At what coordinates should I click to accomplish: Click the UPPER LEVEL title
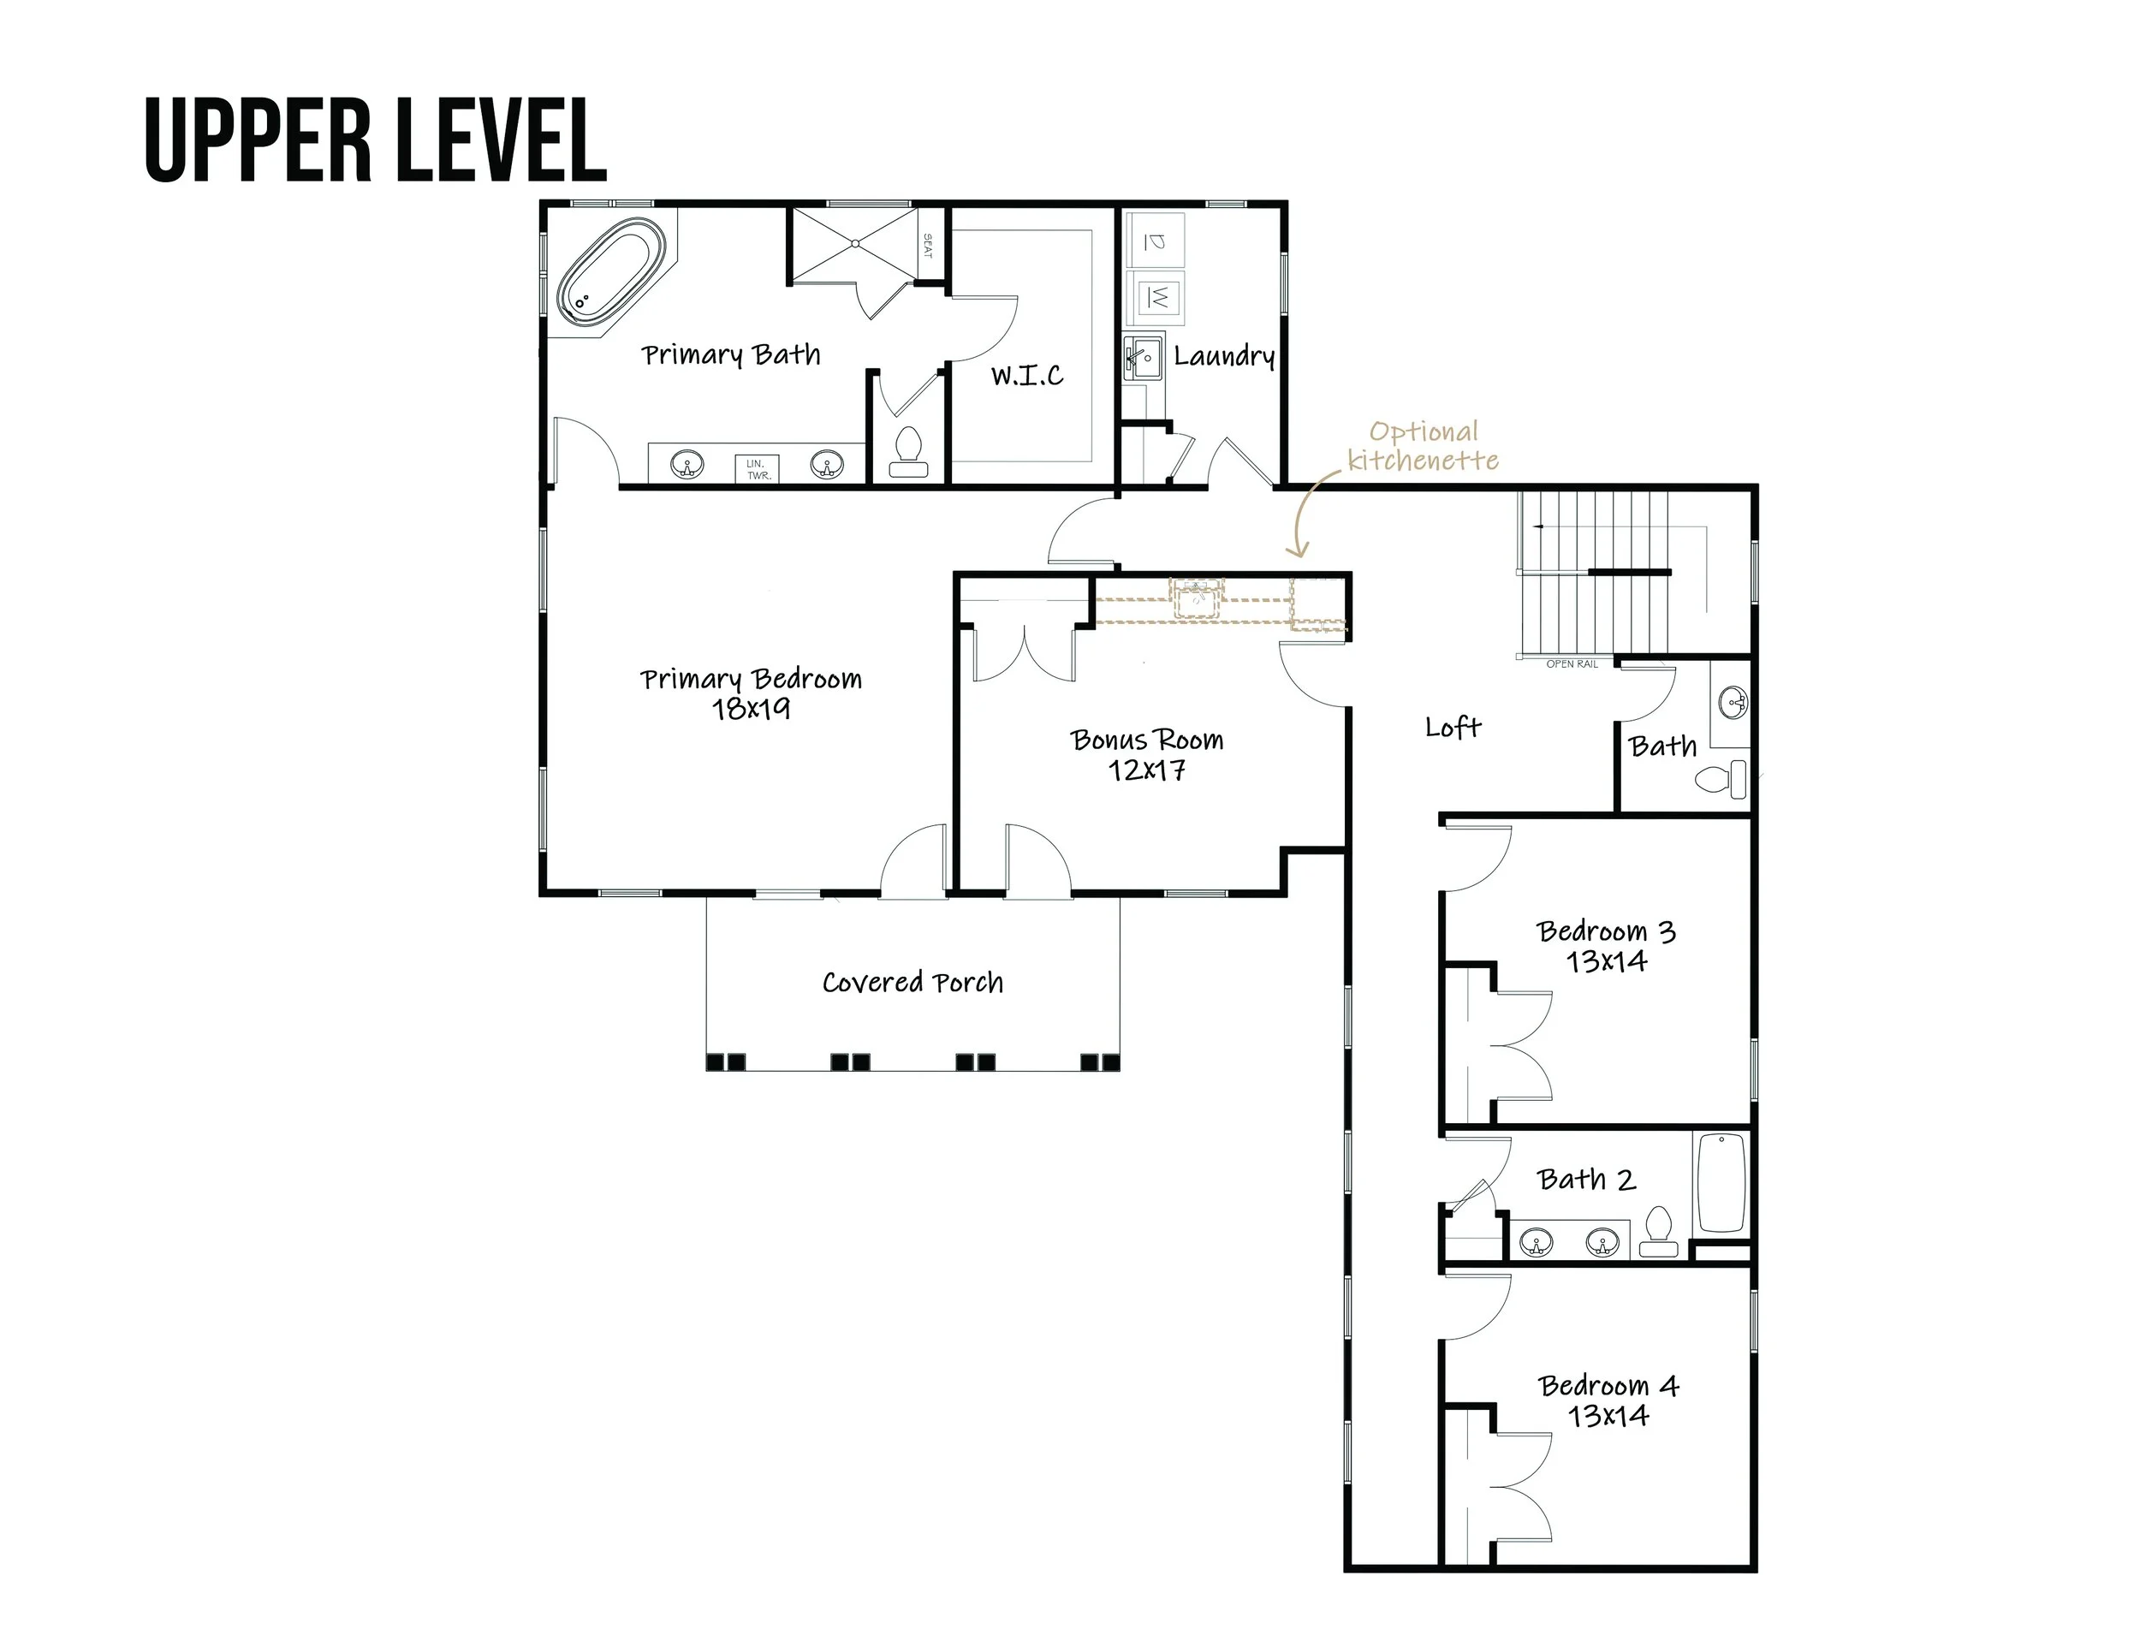(x=375, y=140)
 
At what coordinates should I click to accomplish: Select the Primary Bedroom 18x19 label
(x=751, y=693)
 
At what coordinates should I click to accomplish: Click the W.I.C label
(x=1026, y=375)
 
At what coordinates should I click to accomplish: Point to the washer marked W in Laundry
(x=1156, y=297)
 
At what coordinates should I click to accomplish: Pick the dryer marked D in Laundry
(x=1156, y=240)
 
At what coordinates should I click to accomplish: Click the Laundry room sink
(x=1142, y=358)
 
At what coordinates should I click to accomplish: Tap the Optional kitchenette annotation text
(x=1423, y=445)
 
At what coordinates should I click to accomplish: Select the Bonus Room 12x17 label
(x=1147, y=755)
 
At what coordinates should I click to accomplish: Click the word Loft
(x=1453, y=727)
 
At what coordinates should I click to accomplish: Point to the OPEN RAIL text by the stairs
(x=1572, y=664)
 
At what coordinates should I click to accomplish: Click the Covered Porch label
(x=912, y=982)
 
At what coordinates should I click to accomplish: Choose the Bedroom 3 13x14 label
(x=1607, y=947)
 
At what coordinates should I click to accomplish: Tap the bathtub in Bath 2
(x=1721, y=1183)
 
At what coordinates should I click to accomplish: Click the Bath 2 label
(x=1586, y=1180)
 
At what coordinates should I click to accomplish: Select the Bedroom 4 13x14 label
(x=1608, y=1400)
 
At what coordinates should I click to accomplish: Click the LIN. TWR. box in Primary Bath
(x=758, y=469)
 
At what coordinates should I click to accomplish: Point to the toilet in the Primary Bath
(x=909, y=452)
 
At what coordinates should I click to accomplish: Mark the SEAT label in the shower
(x=928, y=247)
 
